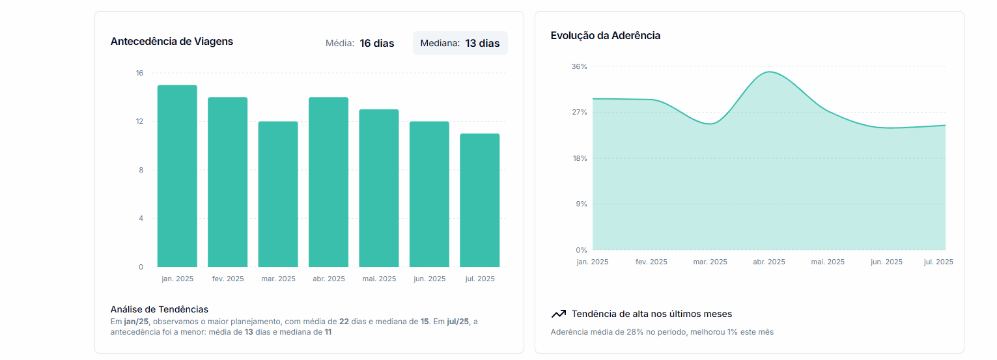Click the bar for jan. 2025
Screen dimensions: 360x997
pyautogui.click(x=177, y=176)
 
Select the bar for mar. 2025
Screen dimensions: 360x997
pyautogui.click(x=278, y=194)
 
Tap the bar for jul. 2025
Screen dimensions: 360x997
pyautogui.click(x=480, y=200)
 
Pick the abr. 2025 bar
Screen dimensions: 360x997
pyautogui.click(x=328, y=182)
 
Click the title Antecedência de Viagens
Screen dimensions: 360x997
pyautogui.click(x=172, y=42)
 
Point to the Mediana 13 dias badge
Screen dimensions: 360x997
pyautogui.click(x=460, y=44)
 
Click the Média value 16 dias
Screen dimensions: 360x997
pyautogui.click(x=376, y=44)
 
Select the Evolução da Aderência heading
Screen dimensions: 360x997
pyautogui.click(x=606, y=36)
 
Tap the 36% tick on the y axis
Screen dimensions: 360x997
pyautogui.click(x=580, y=66)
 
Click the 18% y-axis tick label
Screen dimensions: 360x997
pyautogui.click(x=580, y=158)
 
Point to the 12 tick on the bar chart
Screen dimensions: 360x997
pyautogui.click(x=139, y=121)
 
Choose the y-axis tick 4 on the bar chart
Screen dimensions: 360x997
pyautogui.click(x=141, y=218)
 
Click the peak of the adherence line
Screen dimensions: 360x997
pyautogui.click(x=769, y=72)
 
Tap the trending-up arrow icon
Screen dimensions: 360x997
pyautogui.click(x=558, y=314)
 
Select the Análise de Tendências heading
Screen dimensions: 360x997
pyautogui.click(x=160, y=309)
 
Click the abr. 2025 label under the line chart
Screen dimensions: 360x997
pyautogui.click(x=769, y=262)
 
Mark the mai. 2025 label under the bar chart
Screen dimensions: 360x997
pyautogui.click(x=379, y=279)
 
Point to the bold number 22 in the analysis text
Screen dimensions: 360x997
pyautogui.click(x=344, y=322)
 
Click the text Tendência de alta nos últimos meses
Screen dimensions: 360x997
pyautogui.click(x=652, y=314)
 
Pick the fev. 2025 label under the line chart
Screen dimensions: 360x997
pyautogui.click(x=651, y=262)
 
